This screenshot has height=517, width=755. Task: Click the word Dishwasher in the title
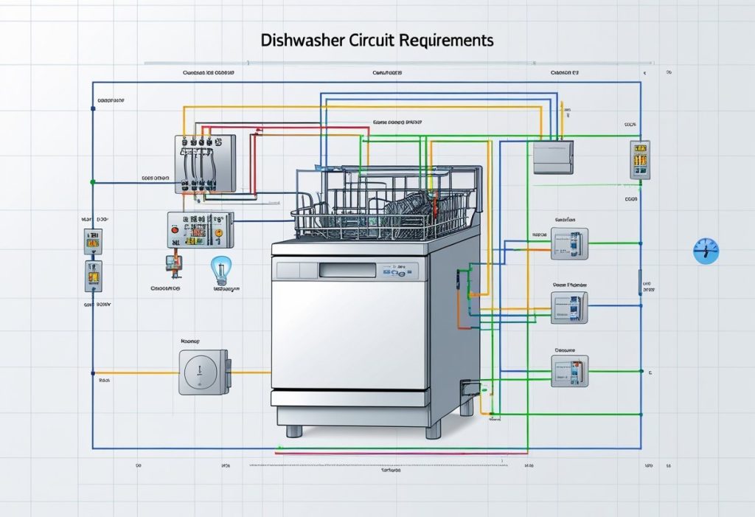pos(298,41)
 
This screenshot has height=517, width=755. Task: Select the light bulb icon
pos(220,268)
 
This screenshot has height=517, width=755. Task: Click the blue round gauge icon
pos(705,251)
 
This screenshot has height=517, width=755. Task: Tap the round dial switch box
pos(203,372)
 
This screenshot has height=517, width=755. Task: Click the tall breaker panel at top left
pos(204,164)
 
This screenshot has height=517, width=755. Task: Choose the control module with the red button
pos(199,230)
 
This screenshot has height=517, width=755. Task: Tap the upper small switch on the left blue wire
pos(93,241)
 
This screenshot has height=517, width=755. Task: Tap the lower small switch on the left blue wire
pos(93,276)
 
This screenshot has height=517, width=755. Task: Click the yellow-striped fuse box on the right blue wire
pos(639,159)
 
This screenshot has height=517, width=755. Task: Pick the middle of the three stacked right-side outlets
pos(569,308)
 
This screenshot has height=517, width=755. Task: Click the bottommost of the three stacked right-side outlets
pos(569,371)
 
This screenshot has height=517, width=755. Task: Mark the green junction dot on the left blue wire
pos(91,181)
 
